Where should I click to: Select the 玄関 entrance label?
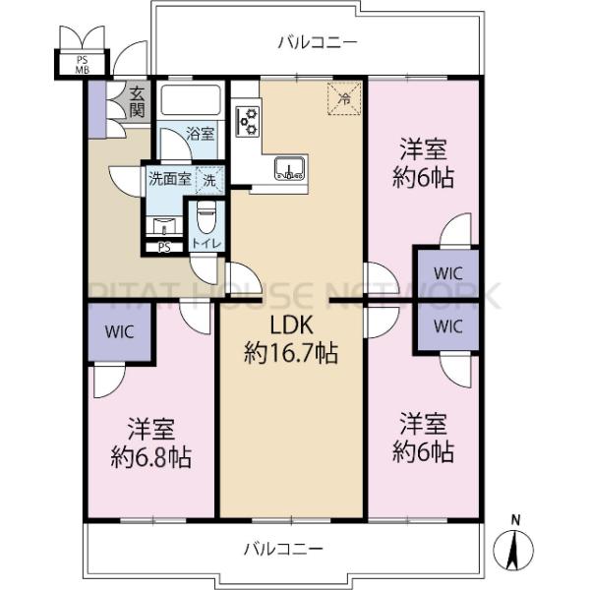(x=137, y=100)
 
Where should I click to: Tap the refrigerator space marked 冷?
(x=344, y=98)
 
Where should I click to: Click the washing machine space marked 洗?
(x=208, y=180)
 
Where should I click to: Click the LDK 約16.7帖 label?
(x=291, y=340)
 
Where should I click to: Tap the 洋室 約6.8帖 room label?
(x=150, y=443)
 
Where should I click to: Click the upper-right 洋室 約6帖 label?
(x=425, y=165)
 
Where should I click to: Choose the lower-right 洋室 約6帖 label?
(x=425, y=439)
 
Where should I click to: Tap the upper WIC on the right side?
(x=446, y=270)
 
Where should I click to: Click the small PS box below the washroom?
(x=163, y=247)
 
